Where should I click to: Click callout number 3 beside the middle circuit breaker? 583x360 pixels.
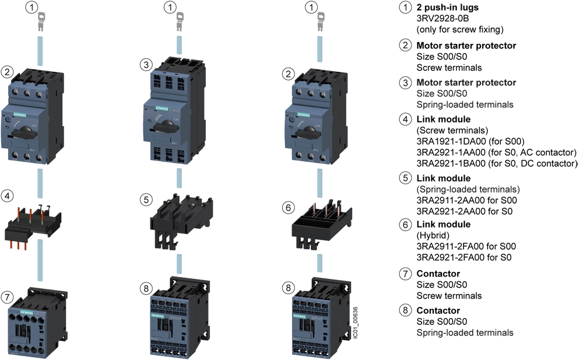tap(146, 64)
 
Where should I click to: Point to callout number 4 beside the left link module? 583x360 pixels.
tap(7, 196)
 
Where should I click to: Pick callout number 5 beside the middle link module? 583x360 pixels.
tap(146, 199)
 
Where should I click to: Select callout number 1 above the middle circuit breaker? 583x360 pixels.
tap(170, 8)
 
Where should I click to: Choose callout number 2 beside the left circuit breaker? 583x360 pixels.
tap(7, 72)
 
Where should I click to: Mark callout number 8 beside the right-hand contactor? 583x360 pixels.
tap(287, 288)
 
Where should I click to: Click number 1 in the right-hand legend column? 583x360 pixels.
tap(405, 8)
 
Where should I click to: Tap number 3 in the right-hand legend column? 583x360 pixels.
tap(405, 82)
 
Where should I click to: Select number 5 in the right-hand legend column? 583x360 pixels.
tap(405, 178)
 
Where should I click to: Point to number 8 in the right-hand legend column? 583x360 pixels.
tap(405, 309)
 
